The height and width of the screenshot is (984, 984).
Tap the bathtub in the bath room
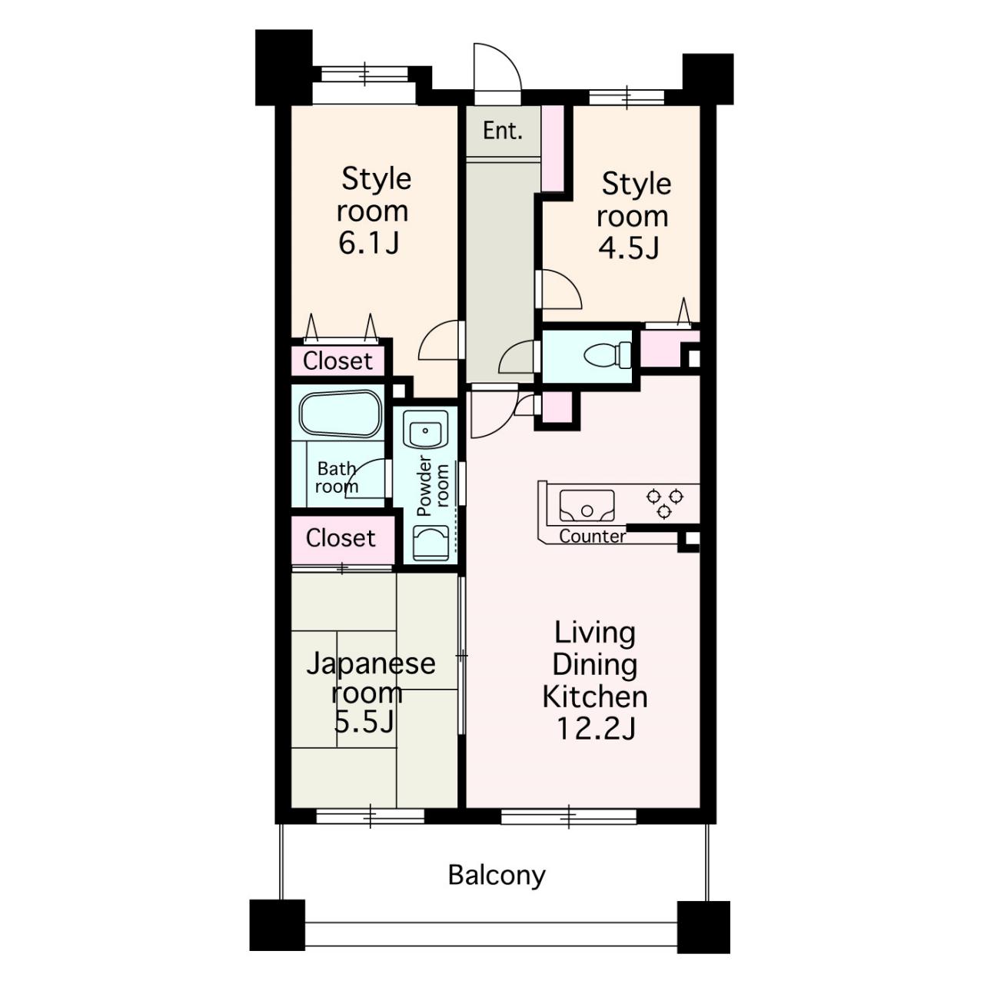point(340,414)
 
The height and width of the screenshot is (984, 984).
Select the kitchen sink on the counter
point(587,506)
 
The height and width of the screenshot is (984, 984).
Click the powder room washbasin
point(425,429)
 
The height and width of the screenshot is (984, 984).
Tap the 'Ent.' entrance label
point(503,131)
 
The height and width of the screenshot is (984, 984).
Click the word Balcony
point(497,875)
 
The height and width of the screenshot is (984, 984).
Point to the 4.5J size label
point(629,248)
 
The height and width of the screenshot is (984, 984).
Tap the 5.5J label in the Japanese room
point(364,721)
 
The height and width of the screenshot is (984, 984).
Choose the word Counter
point(593,536)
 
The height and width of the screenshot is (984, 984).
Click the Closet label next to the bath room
point(341,537)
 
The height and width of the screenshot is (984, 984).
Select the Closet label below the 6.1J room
point(337,361)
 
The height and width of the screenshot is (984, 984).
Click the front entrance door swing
point(497,67)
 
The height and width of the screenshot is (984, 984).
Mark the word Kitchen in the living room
point(595,696)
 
